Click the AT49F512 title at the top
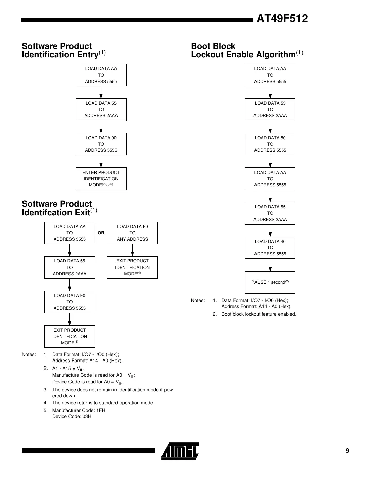click(282, 19)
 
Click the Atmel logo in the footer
click(180, 451)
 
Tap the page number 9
click(347, 451)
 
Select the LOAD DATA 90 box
click(101, 144)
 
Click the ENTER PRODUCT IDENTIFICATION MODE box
click(101, 179)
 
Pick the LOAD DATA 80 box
click(270, 144)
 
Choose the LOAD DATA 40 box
click(270, 248)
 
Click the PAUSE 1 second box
click(270, 282)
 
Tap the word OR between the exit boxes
click(101, 233)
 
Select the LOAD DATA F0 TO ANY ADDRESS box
click(132, 233)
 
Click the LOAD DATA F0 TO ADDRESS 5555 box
click(69, 302)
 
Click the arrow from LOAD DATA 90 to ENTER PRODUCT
click(101, 162)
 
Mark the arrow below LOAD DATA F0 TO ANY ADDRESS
click(132, 250)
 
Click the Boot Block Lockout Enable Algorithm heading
click(247, 50)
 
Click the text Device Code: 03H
click(72, 416)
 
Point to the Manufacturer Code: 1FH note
click(79, 410)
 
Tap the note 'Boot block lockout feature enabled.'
click(259, 314)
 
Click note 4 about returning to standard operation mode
click(103, 403)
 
